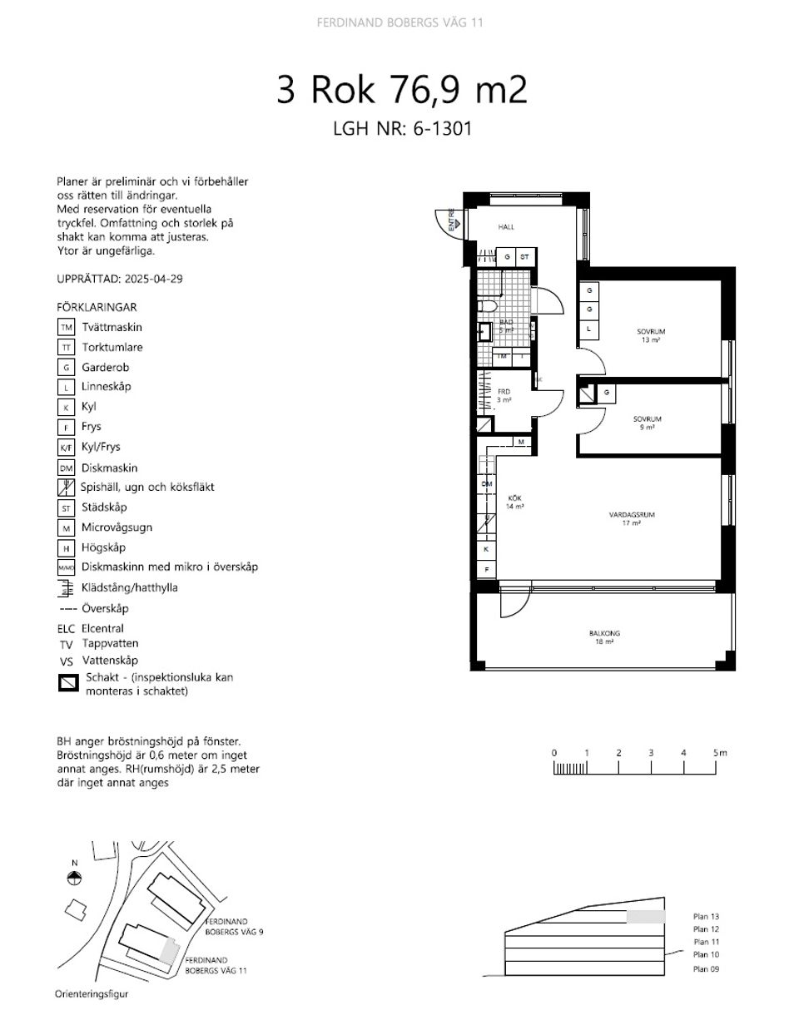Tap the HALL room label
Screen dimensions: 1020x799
(506, 226)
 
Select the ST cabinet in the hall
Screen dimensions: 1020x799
(524, 257)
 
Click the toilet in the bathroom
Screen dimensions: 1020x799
(486, 307)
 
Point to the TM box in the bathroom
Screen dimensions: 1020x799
(502, 357)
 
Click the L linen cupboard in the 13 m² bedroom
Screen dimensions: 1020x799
(589, 329)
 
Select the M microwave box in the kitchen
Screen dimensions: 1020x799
(520, 442)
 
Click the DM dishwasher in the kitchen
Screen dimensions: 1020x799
(487, 483)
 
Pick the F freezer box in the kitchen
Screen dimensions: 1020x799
(487, 570)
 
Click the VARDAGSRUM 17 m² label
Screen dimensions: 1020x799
(632, 518)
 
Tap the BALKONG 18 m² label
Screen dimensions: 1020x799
(604, 637)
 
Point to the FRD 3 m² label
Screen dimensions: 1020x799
(504, 395)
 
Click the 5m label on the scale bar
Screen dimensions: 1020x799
(719, 753)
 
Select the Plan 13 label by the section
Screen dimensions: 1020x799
(705, 916)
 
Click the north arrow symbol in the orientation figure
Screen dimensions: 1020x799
(75, 877)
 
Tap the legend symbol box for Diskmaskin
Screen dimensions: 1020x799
(67, 468)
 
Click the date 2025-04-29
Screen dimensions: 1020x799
(151, 280)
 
